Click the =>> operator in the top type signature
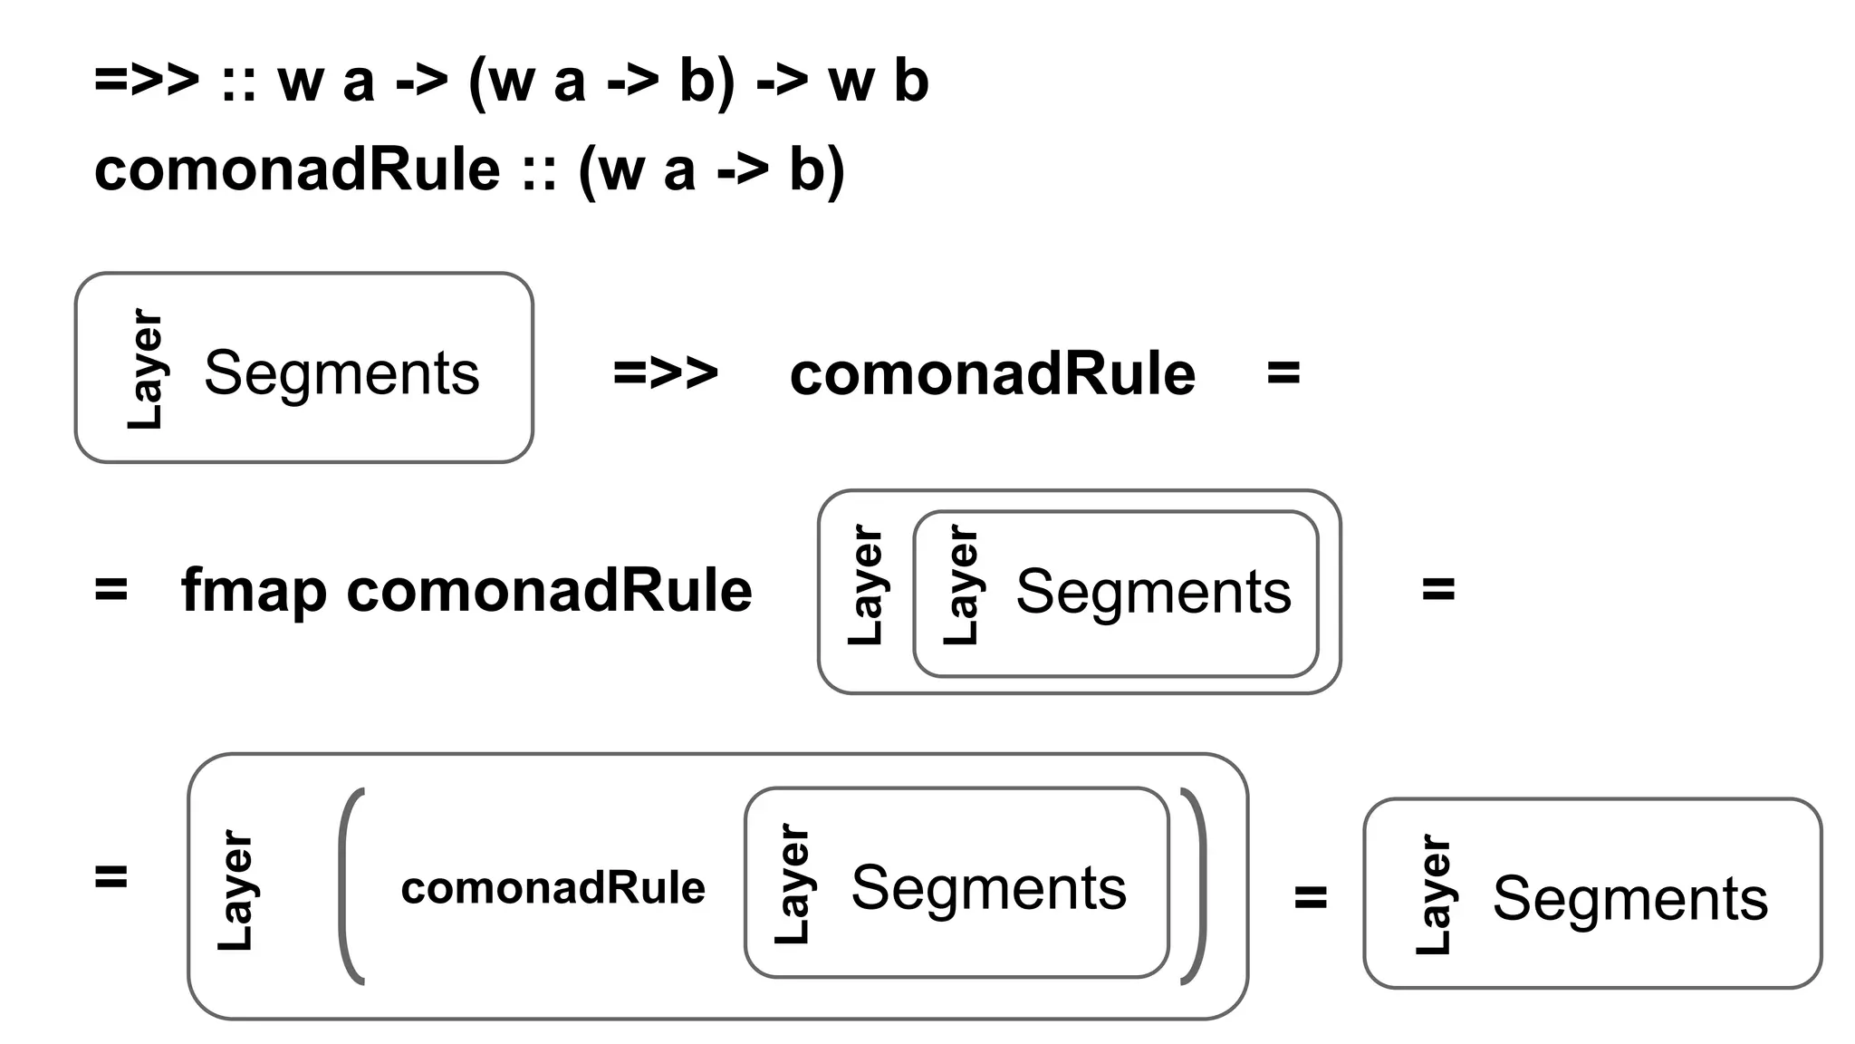pos(147,81)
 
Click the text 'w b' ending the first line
pos(878,81)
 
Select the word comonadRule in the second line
pos(297,169)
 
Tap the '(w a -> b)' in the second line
pos(711,169)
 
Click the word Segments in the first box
pos(341,372)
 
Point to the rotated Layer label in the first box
pos(145,369)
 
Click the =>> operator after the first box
pos(666,372)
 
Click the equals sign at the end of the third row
pos(1283,372)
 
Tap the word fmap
pos(254,591)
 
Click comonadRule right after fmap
pos(549,591)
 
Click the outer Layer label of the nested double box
pos(865,585)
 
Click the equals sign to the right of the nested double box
pos(1438,589)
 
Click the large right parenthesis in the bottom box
pos(1194,885)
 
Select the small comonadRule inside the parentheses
pos(553,888)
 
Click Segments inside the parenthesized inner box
pos(988,888)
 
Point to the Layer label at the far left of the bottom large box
pos(235,889)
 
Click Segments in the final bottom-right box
pos(1629,898)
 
